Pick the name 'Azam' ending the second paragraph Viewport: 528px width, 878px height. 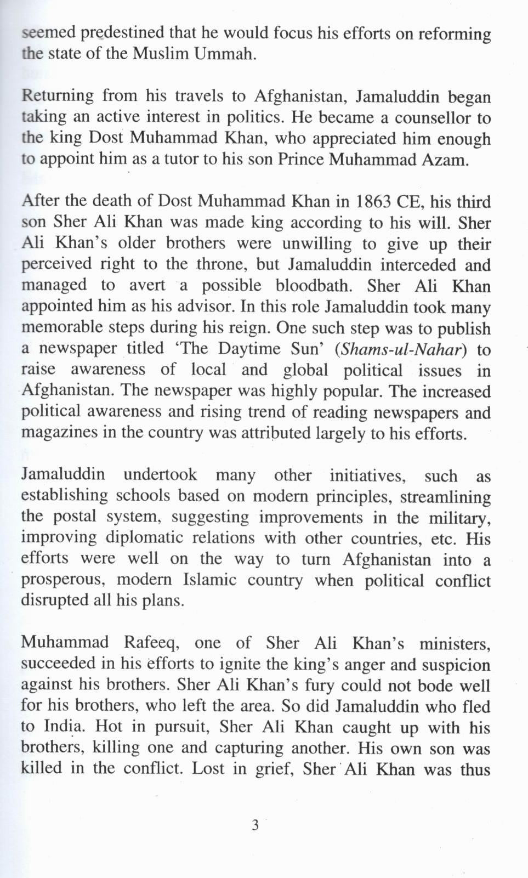tap(449, 160)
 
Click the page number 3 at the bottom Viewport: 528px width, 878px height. tap(255, 825)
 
